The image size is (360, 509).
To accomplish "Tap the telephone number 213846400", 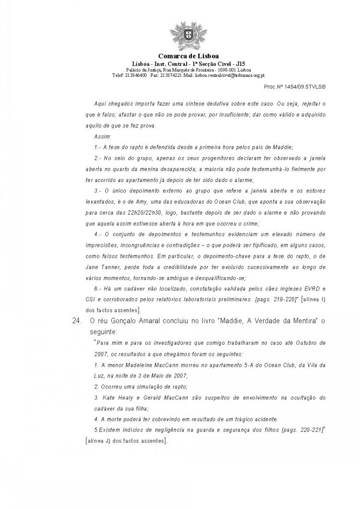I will [x=136, y=75].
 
